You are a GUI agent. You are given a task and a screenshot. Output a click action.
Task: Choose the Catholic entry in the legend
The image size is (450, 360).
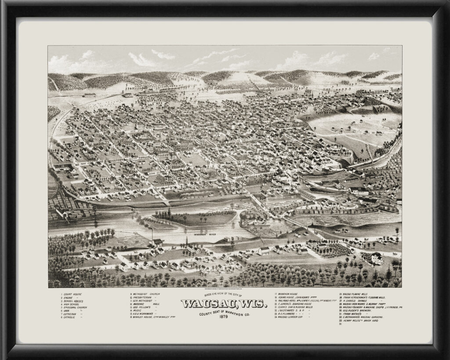tap(70, 318)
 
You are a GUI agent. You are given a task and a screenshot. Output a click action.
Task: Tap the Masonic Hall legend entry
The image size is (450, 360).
tap(145, 304)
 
